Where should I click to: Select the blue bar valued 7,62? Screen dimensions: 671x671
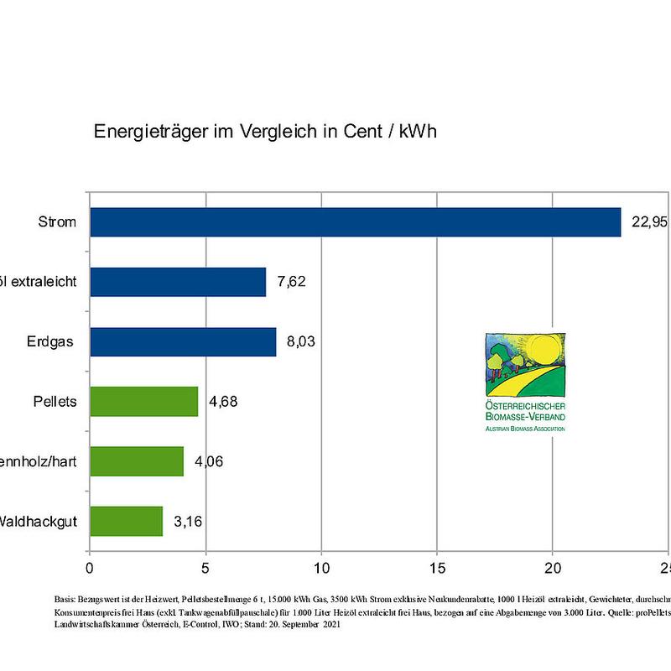178,282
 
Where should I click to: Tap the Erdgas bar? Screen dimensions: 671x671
183,342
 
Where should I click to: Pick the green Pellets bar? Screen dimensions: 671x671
143,402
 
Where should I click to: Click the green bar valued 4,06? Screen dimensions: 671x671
136,461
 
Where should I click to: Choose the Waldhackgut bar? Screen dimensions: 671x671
126,521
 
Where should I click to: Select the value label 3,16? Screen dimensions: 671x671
188,521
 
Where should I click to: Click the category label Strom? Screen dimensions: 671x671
57,222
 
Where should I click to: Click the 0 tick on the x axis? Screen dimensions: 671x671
90,566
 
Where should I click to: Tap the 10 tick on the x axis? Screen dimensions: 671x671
320,566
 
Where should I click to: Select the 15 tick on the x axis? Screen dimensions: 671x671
436,566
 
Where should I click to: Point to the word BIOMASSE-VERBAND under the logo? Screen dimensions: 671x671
525,417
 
